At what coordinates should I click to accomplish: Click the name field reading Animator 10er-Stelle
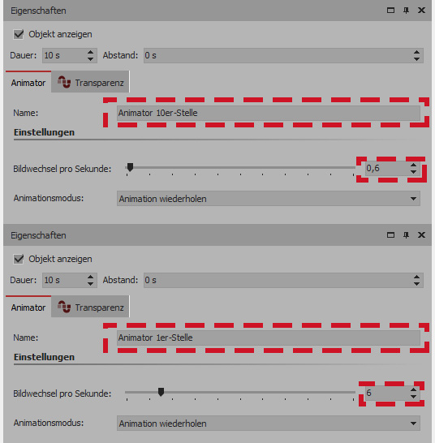pos(269,113)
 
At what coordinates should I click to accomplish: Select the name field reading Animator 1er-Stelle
pos(269,338)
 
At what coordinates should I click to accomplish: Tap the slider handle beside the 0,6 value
pos(130,167)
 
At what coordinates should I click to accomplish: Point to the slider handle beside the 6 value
pos(161,392)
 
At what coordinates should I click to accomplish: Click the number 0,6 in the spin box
pos(373,169)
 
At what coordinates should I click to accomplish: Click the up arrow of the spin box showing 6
pos(413,389)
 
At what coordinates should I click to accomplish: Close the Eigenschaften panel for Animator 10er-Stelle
pos(421,11)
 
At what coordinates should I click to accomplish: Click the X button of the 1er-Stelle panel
pos(421,235)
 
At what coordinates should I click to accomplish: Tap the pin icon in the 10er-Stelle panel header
pos(406,11)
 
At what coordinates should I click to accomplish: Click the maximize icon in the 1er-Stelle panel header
pos(390,235)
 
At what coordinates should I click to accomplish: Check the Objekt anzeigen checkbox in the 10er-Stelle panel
pos(19,34)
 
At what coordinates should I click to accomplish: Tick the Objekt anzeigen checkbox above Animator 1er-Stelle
pos(19,259)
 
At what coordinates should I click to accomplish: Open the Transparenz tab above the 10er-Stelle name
pos(90,83)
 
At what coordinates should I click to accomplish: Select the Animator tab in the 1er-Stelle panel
pos(28,308)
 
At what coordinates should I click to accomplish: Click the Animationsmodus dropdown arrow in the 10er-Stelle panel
pos(413,199)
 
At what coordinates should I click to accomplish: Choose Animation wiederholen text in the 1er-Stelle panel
pos(163,424)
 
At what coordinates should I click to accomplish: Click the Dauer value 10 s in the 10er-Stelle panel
pos(52,55)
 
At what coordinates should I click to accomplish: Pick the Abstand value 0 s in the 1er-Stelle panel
pos(150,280)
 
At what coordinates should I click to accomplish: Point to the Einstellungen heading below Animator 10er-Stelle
pos(44,132)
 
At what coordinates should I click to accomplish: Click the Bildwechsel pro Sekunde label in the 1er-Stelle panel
pos(62,394)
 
